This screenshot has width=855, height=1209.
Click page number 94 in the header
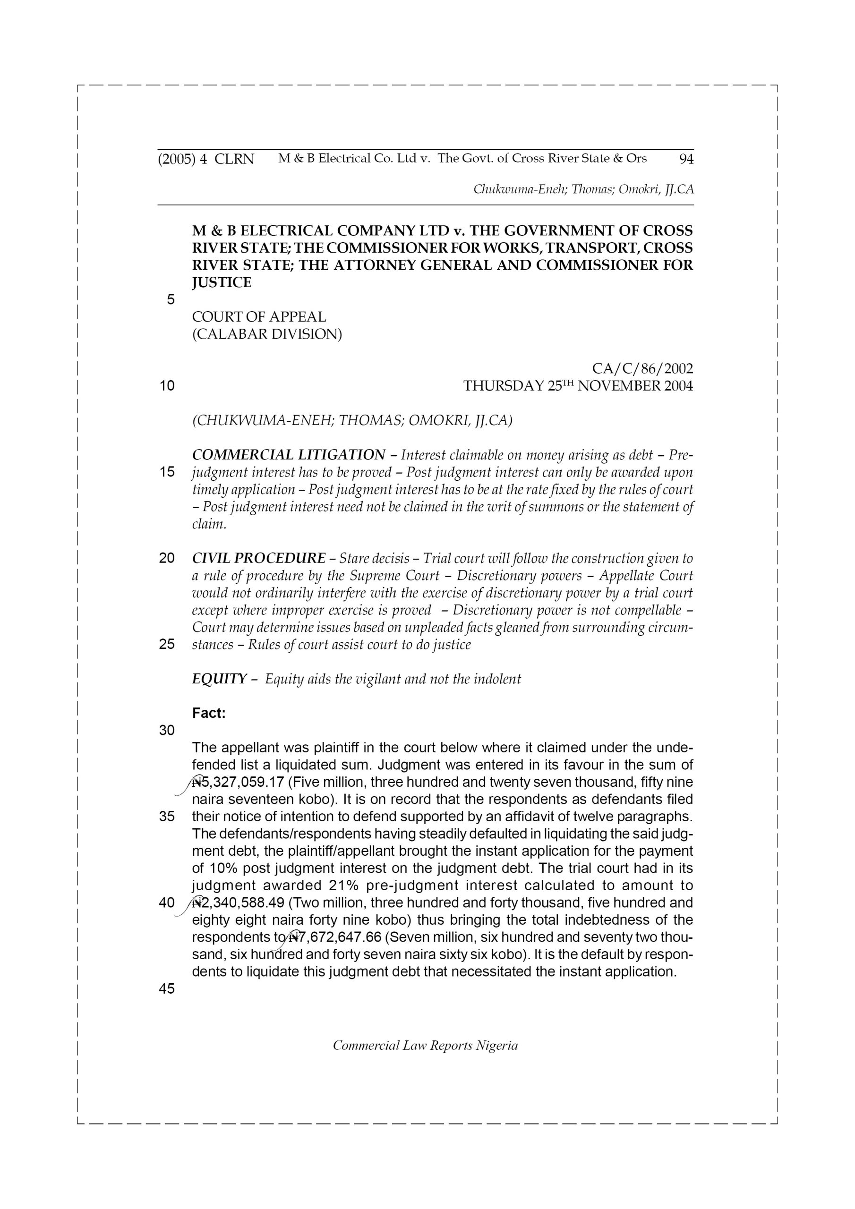(x=686, y=159)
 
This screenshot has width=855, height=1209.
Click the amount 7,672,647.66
(x=342, y=937)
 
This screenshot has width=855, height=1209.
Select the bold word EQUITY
(x=219, y=679)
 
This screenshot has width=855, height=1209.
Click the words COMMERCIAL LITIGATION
(x=289, y=455)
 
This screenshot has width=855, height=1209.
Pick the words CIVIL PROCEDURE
(x=259, y=558)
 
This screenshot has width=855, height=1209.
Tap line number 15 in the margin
(x=167, y=472)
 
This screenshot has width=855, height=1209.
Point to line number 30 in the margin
(x=167, y=730)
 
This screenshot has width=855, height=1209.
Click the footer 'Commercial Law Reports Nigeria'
(x=425, y=1046)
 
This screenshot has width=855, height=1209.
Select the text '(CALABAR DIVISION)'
(x=267, y=334)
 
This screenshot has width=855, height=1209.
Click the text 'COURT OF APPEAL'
(x=259, y=317)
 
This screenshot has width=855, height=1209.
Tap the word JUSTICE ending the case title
(x=222, y=283)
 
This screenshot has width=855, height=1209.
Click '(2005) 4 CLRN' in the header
(x=206, y=159)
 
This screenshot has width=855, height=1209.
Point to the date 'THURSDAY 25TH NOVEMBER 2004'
(x=578, y=386)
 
